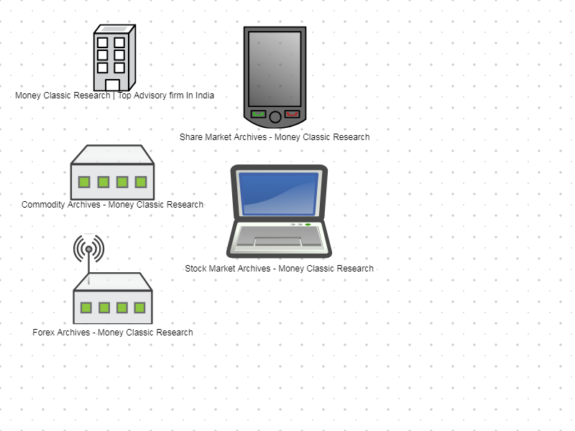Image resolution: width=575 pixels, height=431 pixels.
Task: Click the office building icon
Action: point(115,57)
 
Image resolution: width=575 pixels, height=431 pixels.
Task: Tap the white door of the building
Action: point(113,85)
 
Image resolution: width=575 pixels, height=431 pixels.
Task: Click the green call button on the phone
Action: point(258,114)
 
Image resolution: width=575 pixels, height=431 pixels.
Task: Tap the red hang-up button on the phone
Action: point(293,114)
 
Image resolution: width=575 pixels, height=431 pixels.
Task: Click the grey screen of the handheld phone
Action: point(275,69)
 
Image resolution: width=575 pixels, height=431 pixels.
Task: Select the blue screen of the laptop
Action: point(279,193)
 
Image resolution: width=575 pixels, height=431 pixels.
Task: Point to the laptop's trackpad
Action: point(278,241)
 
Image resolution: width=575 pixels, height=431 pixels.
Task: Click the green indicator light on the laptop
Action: point(308,224)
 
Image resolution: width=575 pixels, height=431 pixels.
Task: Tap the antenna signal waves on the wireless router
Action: point(88,248)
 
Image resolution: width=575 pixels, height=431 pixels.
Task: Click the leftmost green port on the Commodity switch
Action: point(84,182)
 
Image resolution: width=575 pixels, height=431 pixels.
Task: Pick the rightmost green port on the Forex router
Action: point(139,307)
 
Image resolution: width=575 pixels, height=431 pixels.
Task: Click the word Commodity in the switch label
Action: point(43,205)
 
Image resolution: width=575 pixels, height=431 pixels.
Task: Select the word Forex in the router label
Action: point(43,333)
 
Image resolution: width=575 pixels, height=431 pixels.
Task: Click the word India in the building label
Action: point(205,96)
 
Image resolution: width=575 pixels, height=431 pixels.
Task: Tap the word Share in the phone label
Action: point(190,137)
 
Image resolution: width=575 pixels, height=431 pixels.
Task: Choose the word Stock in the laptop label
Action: point(195,269)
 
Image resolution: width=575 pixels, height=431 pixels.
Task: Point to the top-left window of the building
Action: point(103,43)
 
